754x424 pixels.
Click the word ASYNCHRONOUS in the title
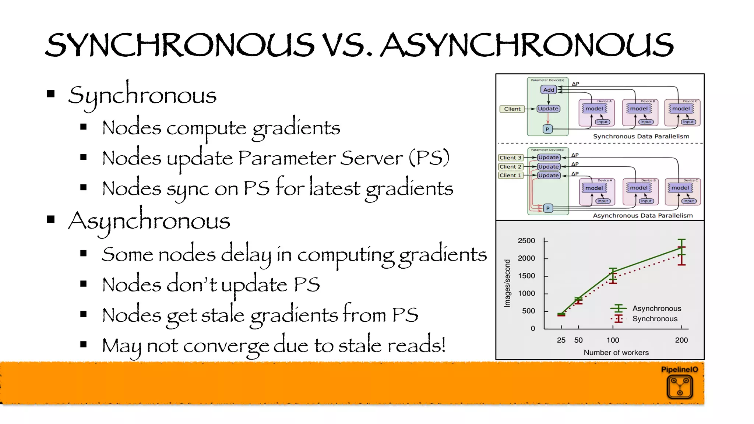tap(526, 45)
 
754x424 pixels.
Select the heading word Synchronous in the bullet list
tap(142, 95)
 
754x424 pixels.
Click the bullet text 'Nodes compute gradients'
tap(221, 128)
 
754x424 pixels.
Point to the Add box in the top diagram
tap(549, 90)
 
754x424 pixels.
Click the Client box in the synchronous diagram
tap(512, 109)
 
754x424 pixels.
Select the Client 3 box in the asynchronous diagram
tap(510, 158)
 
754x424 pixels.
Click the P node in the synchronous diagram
tap(547, 129)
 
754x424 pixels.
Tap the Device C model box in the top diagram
tap(681, 109)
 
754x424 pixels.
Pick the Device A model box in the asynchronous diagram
tap(594, 188)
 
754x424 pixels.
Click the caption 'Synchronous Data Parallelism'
tap(641, 137)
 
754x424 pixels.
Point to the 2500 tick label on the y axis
tap(526, 241)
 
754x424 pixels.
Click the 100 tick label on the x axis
tap(613, 340)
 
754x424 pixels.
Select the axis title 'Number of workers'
tap(616, 353)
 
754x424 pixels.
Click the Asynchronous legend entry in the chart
tap(656, 308)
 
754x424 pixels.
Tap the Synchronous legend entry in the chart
tap(655, 319)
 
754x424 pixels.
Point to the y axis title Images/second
tap(507, 283)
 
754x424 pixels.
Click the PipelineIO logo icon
tap(680, 387)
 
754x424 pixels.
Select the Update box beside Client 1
tap(548, 176)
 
